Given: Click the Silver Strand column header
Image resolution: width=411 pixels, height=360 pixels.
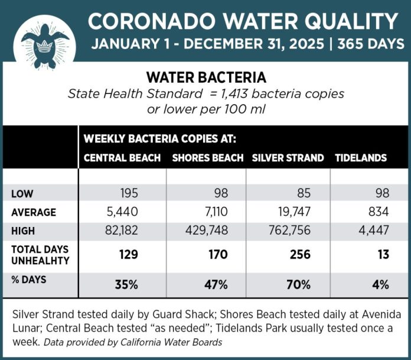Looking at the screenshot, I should (288, 158).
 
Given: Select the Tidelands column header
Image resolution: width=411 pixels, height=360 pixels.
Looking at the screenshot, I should (361, 158).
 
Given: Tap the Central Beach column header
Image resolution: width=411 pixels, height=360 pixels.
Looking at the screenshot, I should (122, 158).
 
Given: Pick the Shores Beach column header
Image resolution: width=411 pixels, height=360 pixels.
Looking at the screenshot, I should (207, 158).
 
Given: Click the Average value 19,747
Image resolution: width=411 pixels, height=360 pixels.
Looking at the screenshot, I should (293, 212).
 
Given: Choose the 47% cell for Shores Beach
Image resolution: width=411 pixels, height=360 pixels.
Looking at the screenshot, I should (216, 284).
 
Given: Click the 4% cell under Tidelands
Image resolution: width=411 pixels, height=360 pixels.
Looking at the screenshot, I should (381, 284).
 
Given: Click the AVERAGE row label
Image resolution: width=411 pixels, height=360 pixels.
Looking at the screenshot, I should (34, 212).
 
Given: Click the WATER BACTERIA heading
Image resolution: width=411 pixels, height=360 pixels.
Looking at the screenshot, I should (206, 77).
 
